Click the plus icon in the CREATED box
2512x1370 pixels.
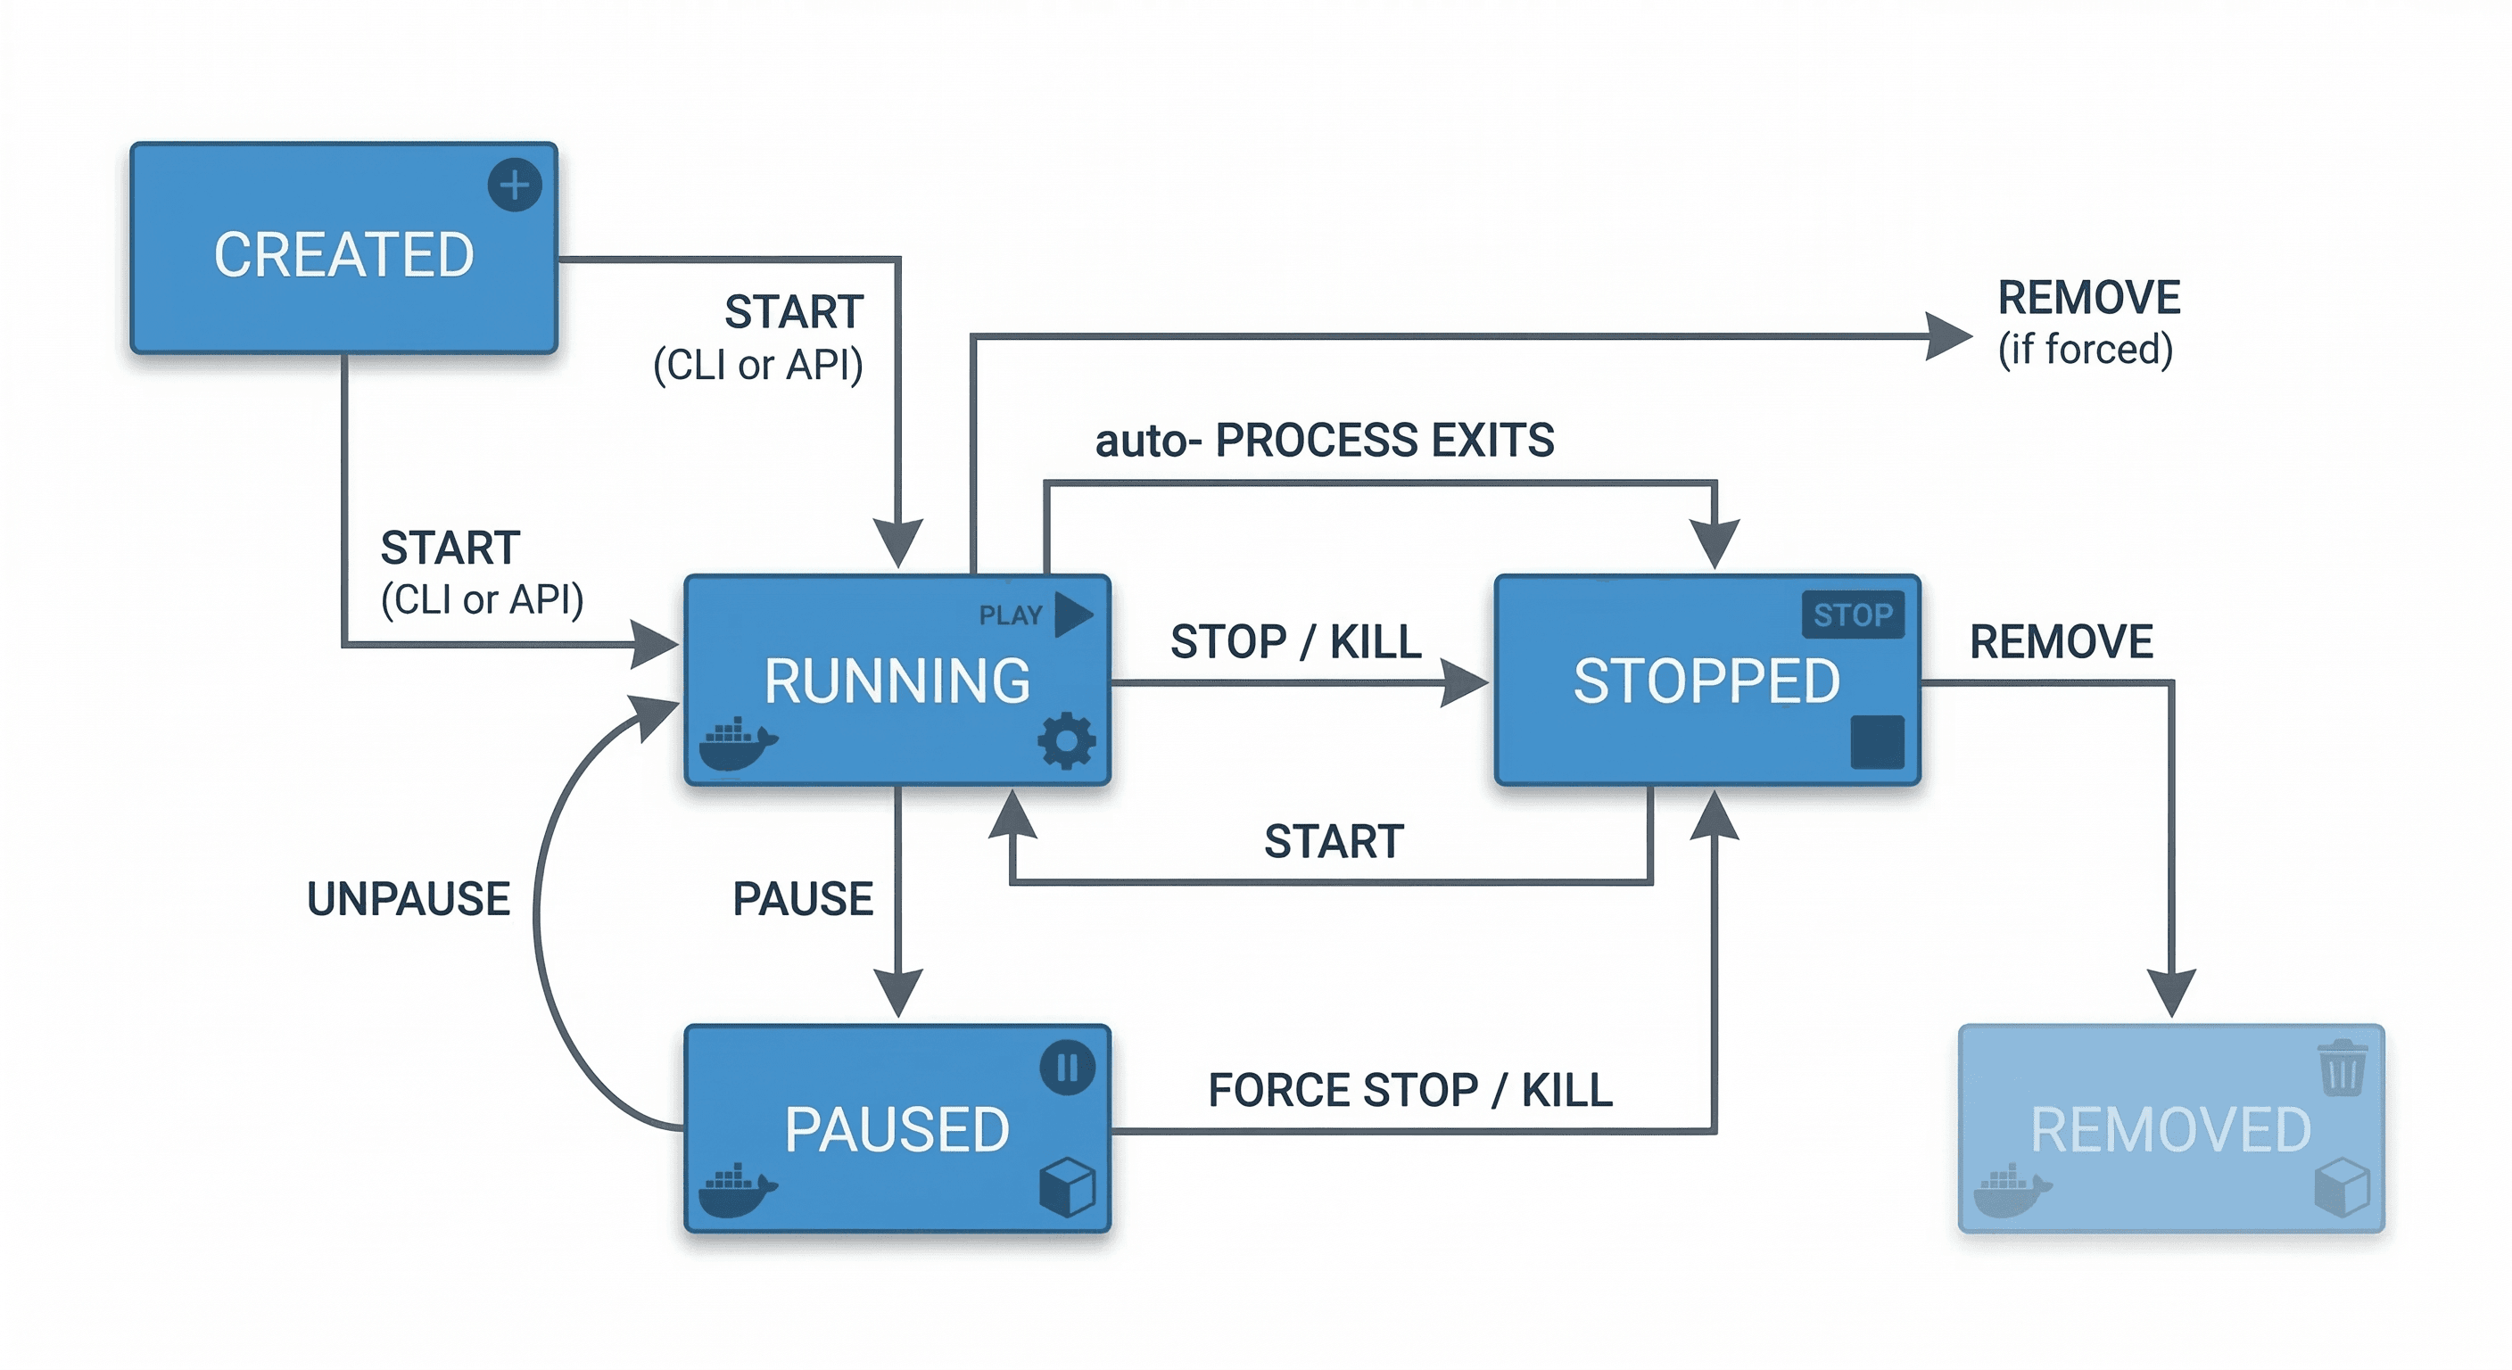click(514, 185)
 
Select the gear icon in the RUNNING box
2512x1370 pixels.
click(1066, 741)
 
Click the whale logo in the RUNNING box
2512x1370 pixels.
click(736, 745)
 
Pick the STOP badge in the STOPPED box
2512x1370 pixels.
click(1852, 615)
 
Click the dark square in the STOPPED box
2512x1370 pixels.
click(1876, 741)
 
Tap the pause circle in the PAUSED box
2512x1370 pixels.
click(1067, 1067)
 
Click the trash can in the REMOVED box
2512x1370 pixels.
click(2342, 1068)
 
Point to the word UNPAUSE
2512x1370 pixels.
click(408, 898)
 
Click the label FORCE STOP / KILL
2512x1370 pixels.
click(1409, 1089)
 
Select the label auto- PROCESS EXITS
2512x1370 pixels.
click(1323, 440)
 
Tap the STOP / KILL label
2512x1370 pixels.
click(1295, 641)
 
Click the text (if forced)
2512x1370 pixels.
click(2085, 349)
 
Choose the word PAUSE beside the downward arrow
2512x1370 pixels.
click(802, 898)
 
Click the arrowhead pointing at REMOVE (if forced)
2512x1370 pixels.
click(1946, 336)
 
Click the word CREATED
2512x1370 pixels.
click(343, 255)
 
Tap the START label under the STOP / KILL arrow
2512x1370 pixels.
click(1333, 840)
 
